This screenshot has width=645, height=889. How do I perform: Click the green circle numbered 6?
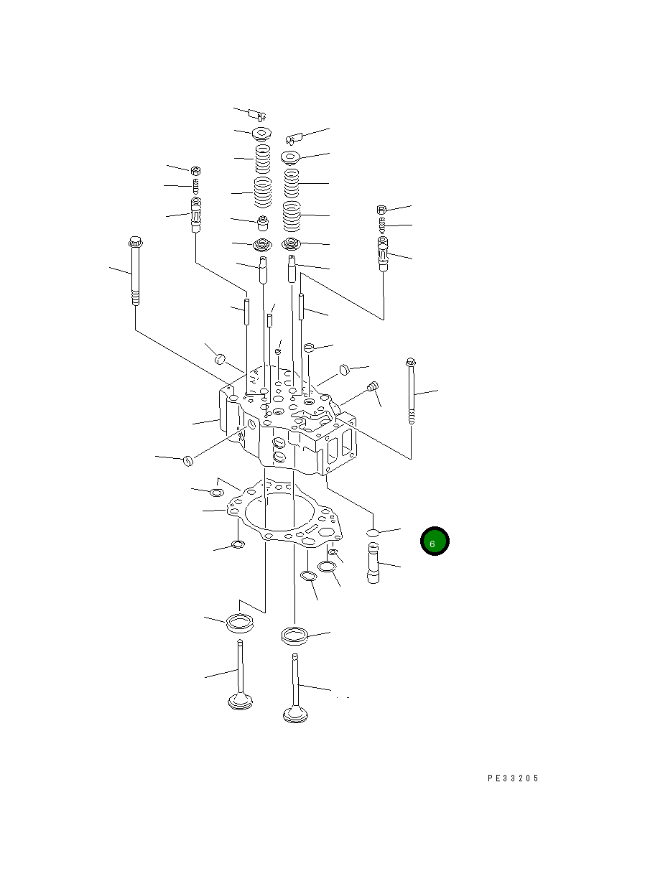coord(435,541)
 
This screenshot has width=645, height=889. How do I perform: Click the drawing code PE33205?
coord(513,778)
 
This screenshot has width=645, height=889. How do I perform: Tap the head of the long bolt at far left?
coord(135,241)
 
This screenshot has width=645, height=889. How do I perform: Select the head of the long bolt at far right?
coord(411,361)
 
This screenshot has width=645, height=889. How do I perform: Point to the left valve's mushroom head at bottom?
coord(240,702)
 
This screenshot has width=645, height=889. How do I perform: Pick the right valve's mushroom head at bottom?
coord(295,715)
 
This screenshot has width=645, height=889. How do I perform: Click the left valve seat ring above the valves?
coord(240,623)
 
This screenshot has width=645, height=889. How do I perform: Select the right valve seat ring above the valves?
coord(295,636)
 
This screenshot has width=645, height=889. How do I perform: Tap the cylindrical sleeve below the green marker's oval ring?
coord(373,563)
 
